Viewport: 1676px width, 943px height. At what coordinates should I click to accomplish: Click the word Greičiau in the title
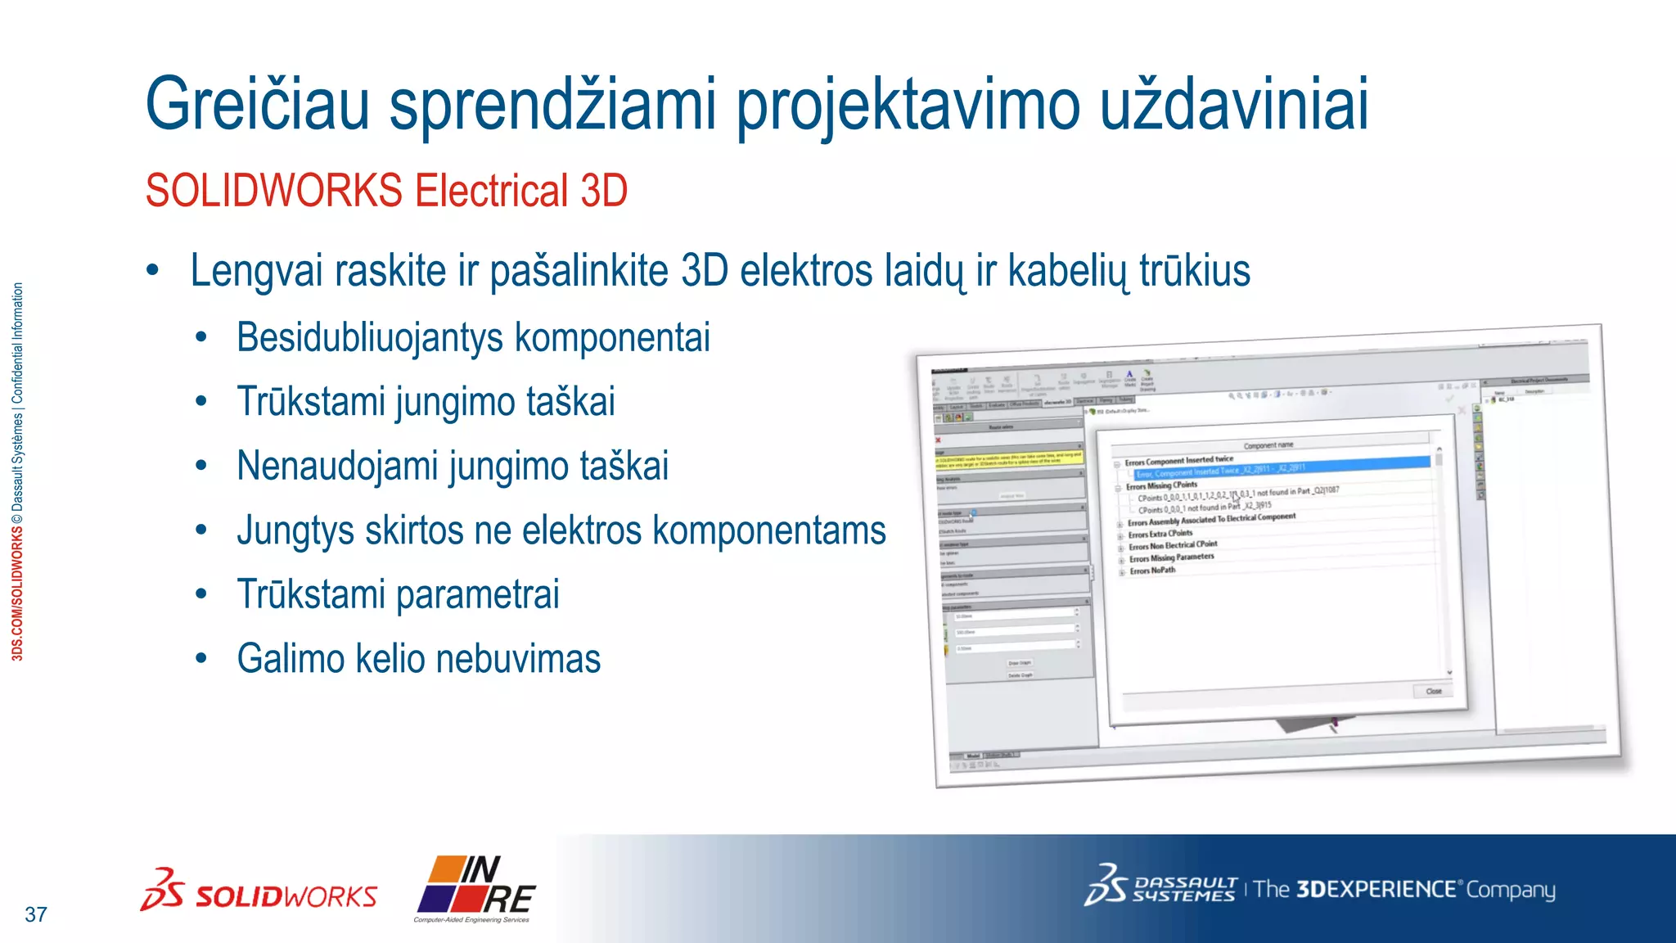tap(257, 105)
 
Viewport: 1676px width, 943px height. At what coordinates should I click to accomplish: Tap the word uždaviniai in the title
tap(1233, 105)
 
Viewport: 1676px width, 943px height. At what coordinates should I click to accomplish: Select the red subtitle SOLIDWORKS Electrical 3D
tap(386, 191)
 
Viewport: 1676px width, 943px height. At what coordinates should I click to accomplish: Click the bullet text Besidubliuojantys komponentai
tap(473, 337)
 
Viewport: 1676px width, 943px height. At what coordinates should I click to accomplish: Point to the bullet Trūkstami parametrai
tap(398, 594)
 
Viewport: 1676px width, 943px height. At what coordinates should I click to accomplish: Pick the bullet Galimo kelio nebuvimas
tap(418, 659)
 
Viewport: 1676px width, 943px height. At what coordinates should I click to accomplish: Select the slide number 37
tap(36, 914)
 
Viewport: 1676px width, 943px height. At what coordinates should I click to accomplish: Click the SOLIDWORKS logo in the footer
tap(259, 892)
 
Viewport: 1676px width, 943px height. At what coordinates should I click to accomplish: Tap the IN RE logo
tap(476, 888)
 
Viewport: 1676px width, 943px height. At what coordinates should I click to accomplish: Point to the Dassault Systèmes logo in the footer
tap(1160, 888)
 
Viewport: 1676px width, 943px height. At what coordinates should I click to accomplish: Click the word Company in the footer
tap(1510, 890)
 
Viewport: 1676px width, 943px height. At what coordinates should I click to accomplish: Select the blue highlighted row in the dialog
tap(1281, 469)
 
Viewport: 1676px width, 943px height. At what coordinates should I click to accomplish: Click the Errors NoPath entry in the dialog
tap(1152, 571)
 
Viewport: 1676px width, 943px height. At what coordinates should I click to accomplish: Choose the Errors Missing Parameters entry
tap(1171, 558)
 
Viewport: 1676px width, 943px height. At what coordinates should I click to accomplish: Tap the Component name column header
tap(1268, 444)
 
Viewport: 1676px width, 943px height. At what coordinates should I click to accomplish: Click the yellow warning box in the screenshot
tap(1010, 459)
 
